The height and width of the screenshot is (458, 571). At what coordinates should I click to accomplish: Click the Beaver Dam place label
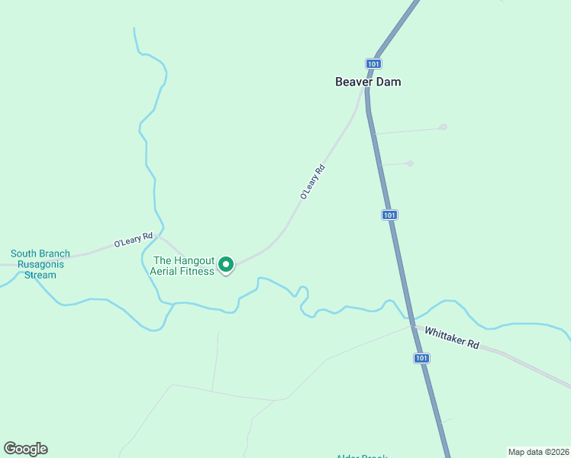tap(367, 82)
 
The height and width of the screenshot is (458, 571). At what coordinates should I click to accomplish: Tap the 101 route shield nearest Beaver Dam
tap(373, 64)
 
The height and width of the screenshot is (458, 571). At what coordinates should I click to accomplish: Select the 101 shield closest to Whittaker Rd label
tap(421, 357)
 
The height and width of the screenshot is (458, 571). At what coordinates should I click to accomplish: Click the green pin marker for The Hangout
tap(226, 264)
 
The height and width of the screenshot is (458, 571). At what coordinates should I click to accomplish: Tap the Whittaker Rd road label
tap(452, 338)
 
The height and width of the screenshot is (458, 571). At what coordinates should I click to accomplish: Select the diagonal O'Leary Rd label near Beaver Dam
tap(312, 182)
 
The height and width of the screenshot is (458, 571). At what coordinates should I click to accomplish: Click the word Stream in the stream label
tap(40, 275)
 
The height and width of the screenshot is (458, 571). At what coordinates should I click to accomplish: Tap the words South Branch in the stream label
tap(40, 253)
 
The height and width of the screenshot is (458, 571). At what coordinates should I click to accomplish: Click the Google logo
tap(25, 449)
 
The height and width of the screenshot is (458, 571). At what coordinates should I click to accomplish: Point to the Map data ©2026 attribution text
tap(538, 451)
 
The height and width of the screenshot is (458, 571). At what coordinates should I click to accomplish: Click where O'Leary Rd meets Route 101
tap(366, 90)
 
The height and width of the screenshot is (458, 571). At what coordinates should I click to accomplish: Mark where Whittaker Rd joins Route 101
tap(412, 327)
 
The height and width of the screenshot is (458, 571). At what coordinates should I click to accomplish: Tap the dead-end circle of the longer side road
tap(443, 127)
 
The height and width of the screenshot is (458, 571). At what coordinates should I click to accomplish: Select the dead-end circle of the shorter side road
tap(410, 163)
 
